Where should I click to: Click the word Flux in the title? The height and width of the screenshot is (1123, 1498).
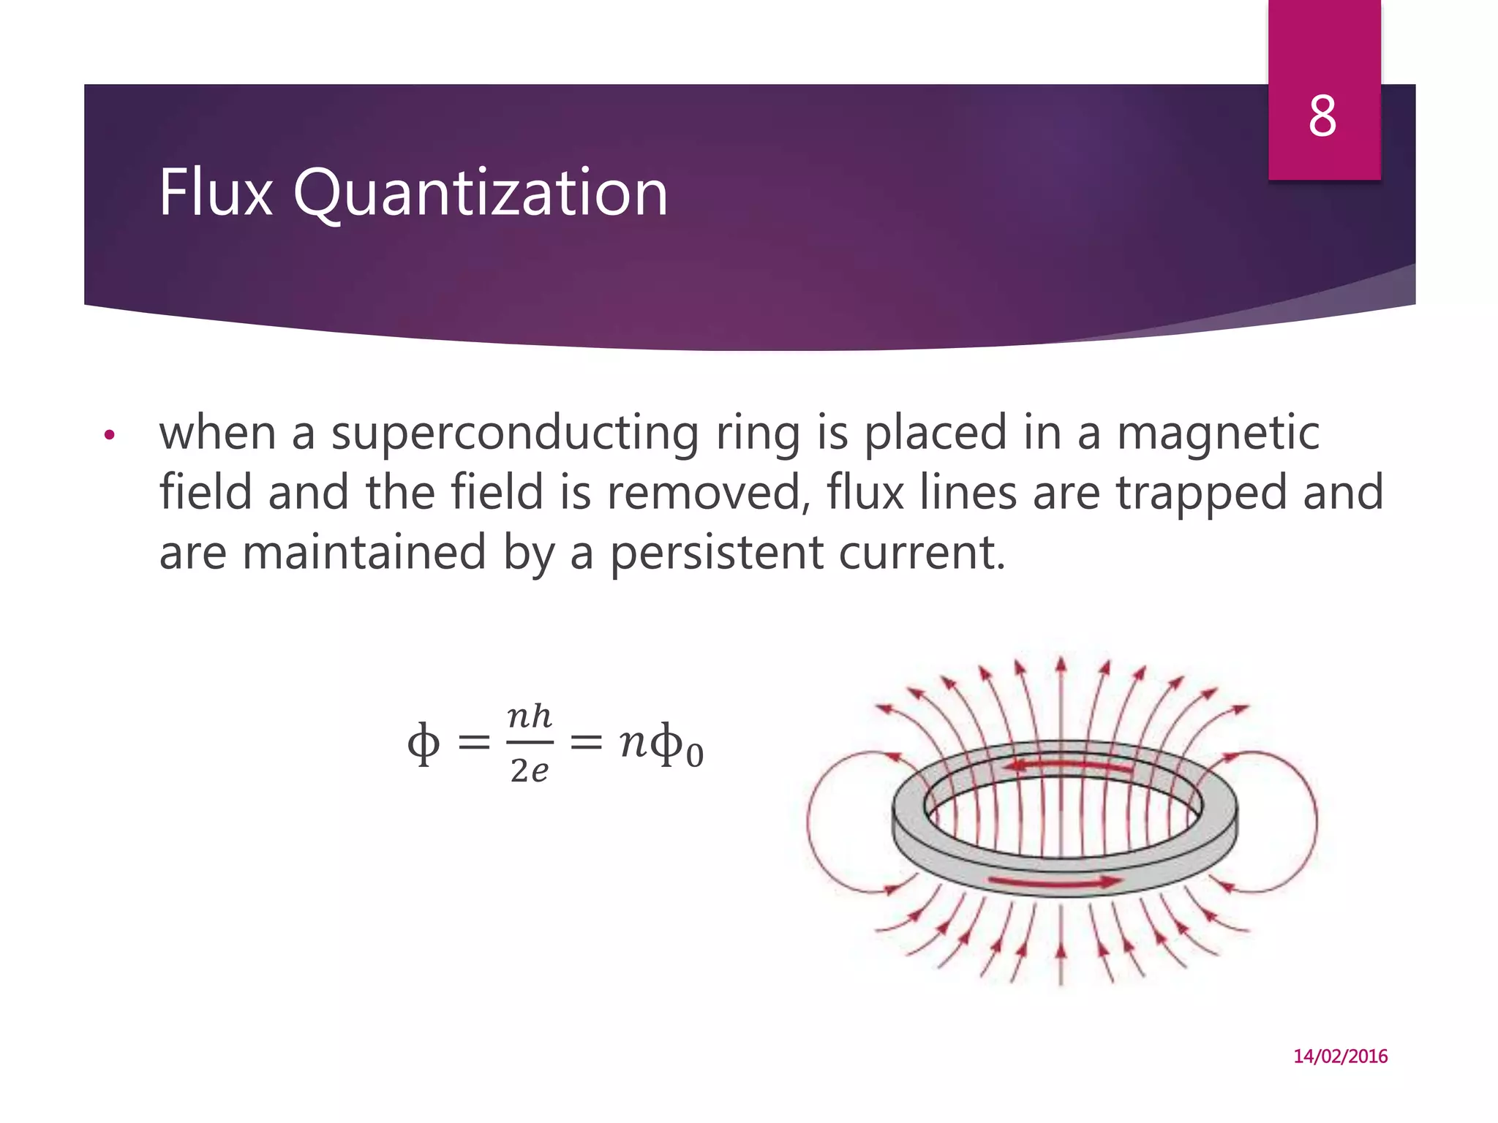pyautogui.click(x=216, y=193)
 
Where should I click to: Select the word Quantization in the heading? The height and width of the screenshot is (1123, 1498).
pyautogui.click(x=481, y=193)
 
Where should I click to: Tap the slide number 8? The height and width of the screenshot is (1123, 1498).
pyautogui.click(x=1322, y=117)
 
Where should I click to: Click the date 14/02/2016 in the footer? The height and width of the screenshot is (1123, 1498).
pyautogui.click(x=1340, y=1056)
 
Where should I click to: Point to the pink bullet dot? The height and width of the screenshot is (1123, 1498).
pyautogui.click(x=110, y=436)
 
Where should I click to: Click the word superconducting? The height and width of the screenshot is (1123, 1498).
pyautogui.click(x=515, y=433)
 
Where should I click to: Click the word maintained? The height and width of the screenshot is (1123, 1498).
pyautogui.click(x=364, y=552)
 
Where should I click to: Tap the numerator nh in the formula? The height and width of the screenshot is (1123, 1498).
pyautogui.click(x=530, y=716)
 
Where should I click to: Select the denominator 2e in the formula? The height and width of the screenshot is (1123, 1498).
pyautogui.click(x=530, y=771)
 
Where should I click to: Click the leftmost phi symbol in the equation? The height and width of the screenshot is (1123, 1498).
pyautogui.click(x=424, y=744)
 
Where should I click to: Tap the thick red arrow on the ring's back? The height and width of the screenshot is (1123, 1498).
pyautogui.click(x=1068, y=766)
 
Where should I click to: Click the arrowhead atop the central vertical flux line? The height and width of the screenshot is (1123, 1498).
pyautogui.click(x=1061, y=663)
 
